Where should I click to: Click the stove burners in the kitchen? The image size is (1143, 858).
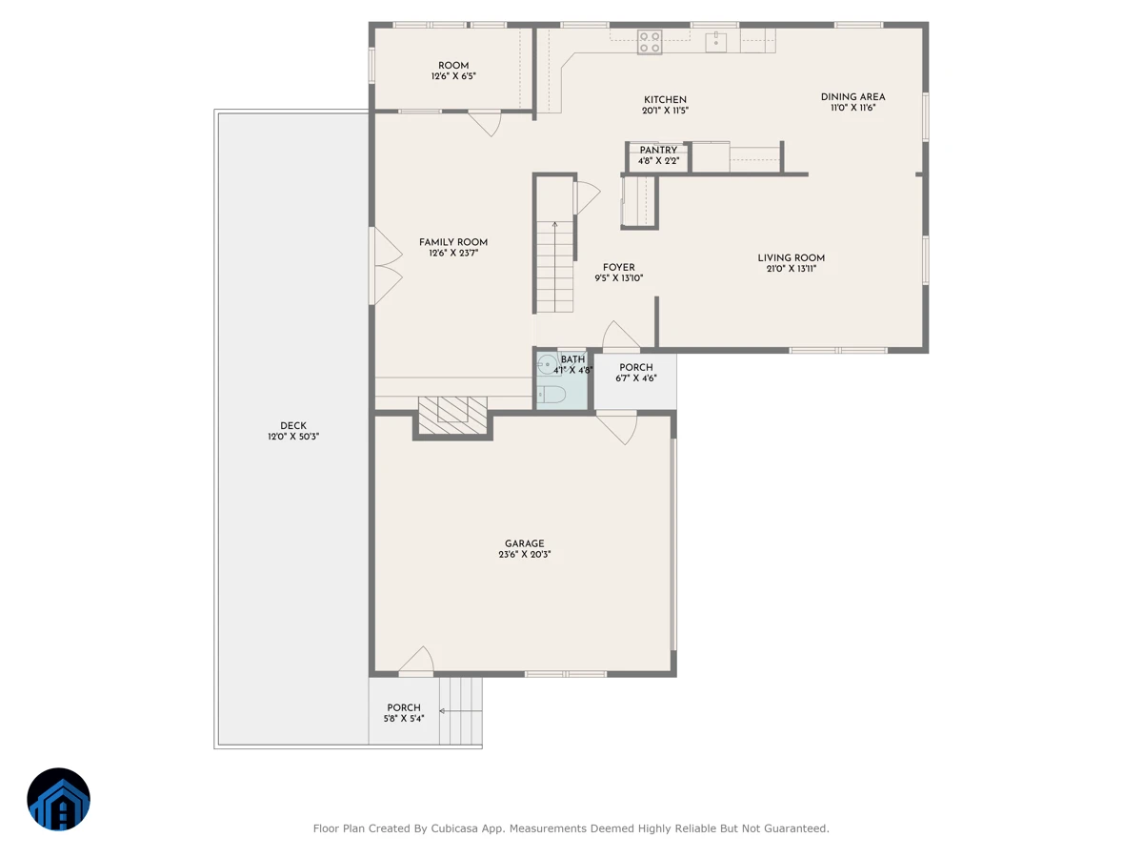tap(650, 42)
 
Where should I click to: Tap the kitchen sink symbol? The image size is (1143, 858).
tap(715, 42)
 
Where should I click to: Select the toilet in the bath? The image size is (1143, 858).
tap(551, 395)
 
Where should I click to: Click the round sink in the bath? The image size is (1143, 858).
tap(547, 364)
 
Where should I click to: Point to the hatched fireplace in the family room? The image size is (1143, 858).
tap(452, 416)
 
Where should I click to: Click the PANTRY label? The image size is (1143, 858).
tap(658, 150)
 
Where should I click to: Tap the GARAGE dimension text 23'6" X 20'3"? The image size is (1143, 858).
tap(525, 554)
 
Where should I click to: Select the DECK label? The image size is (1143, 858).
tap(293, 425)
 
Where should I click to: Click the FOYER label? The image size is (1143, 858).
tap(618, 267)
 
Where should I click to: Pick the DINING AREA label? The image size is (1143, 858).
tap(852, 97)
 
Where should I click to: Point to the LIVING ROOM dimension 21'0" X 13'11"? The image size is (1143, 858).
tap(791, 269)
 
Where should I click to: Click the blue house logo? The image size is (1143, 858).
tap(58, 799)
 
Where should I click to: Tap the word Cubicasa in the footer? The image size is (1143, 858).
tap(453, 828)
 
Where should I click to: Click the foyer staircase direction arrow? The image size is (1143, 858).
tap(555, 266)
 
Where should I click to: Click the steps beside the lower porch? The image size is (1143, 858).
tap(460, 710)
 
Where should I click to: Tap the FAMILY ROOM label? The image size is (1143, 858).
tap(453, 242)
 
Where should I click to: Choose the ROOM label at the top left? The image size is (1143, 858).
tap(453, 66)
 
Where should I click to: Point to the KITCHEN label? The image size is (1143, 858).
tap(665, 100)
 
